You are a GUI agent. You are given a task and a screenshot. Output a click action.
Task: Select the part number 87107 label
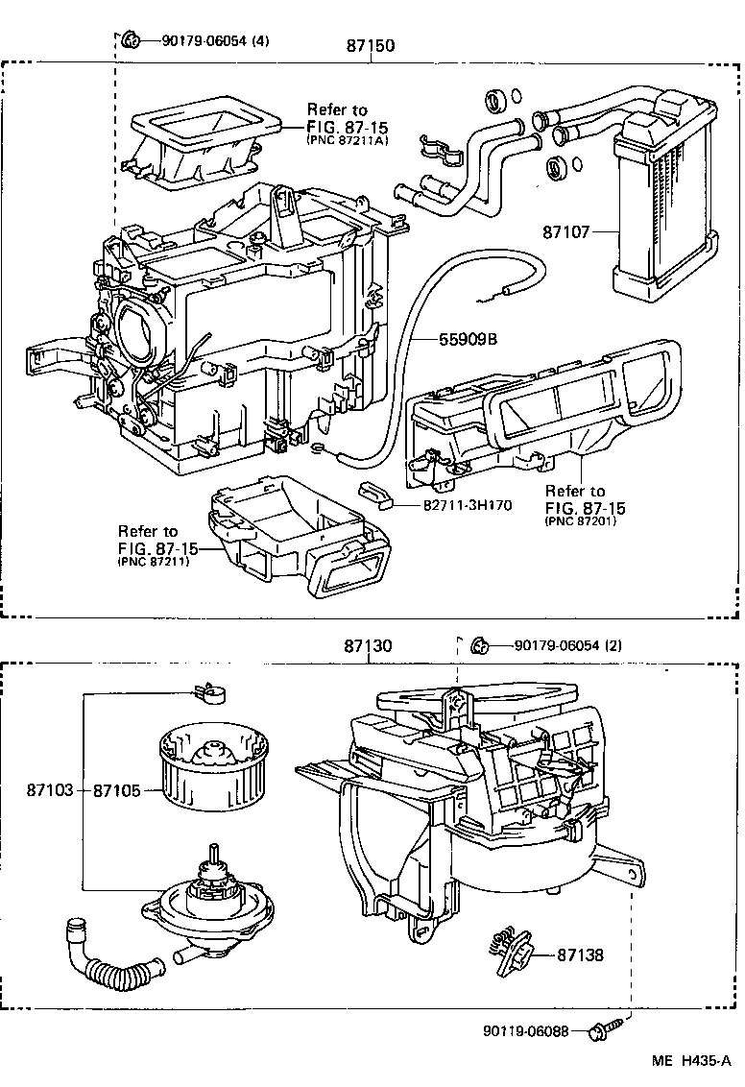565,231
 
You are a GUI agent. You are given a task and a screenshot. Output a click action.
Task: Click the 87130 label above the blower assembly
368,647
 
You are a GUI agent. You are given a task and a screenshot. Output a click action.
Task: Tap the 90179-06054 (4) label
215,40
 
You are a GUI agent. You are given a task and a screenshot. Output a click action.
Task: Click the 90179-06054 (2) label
567,645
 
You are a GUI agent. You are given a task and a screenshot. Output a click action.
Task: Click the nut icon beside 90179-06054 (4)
131,39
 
